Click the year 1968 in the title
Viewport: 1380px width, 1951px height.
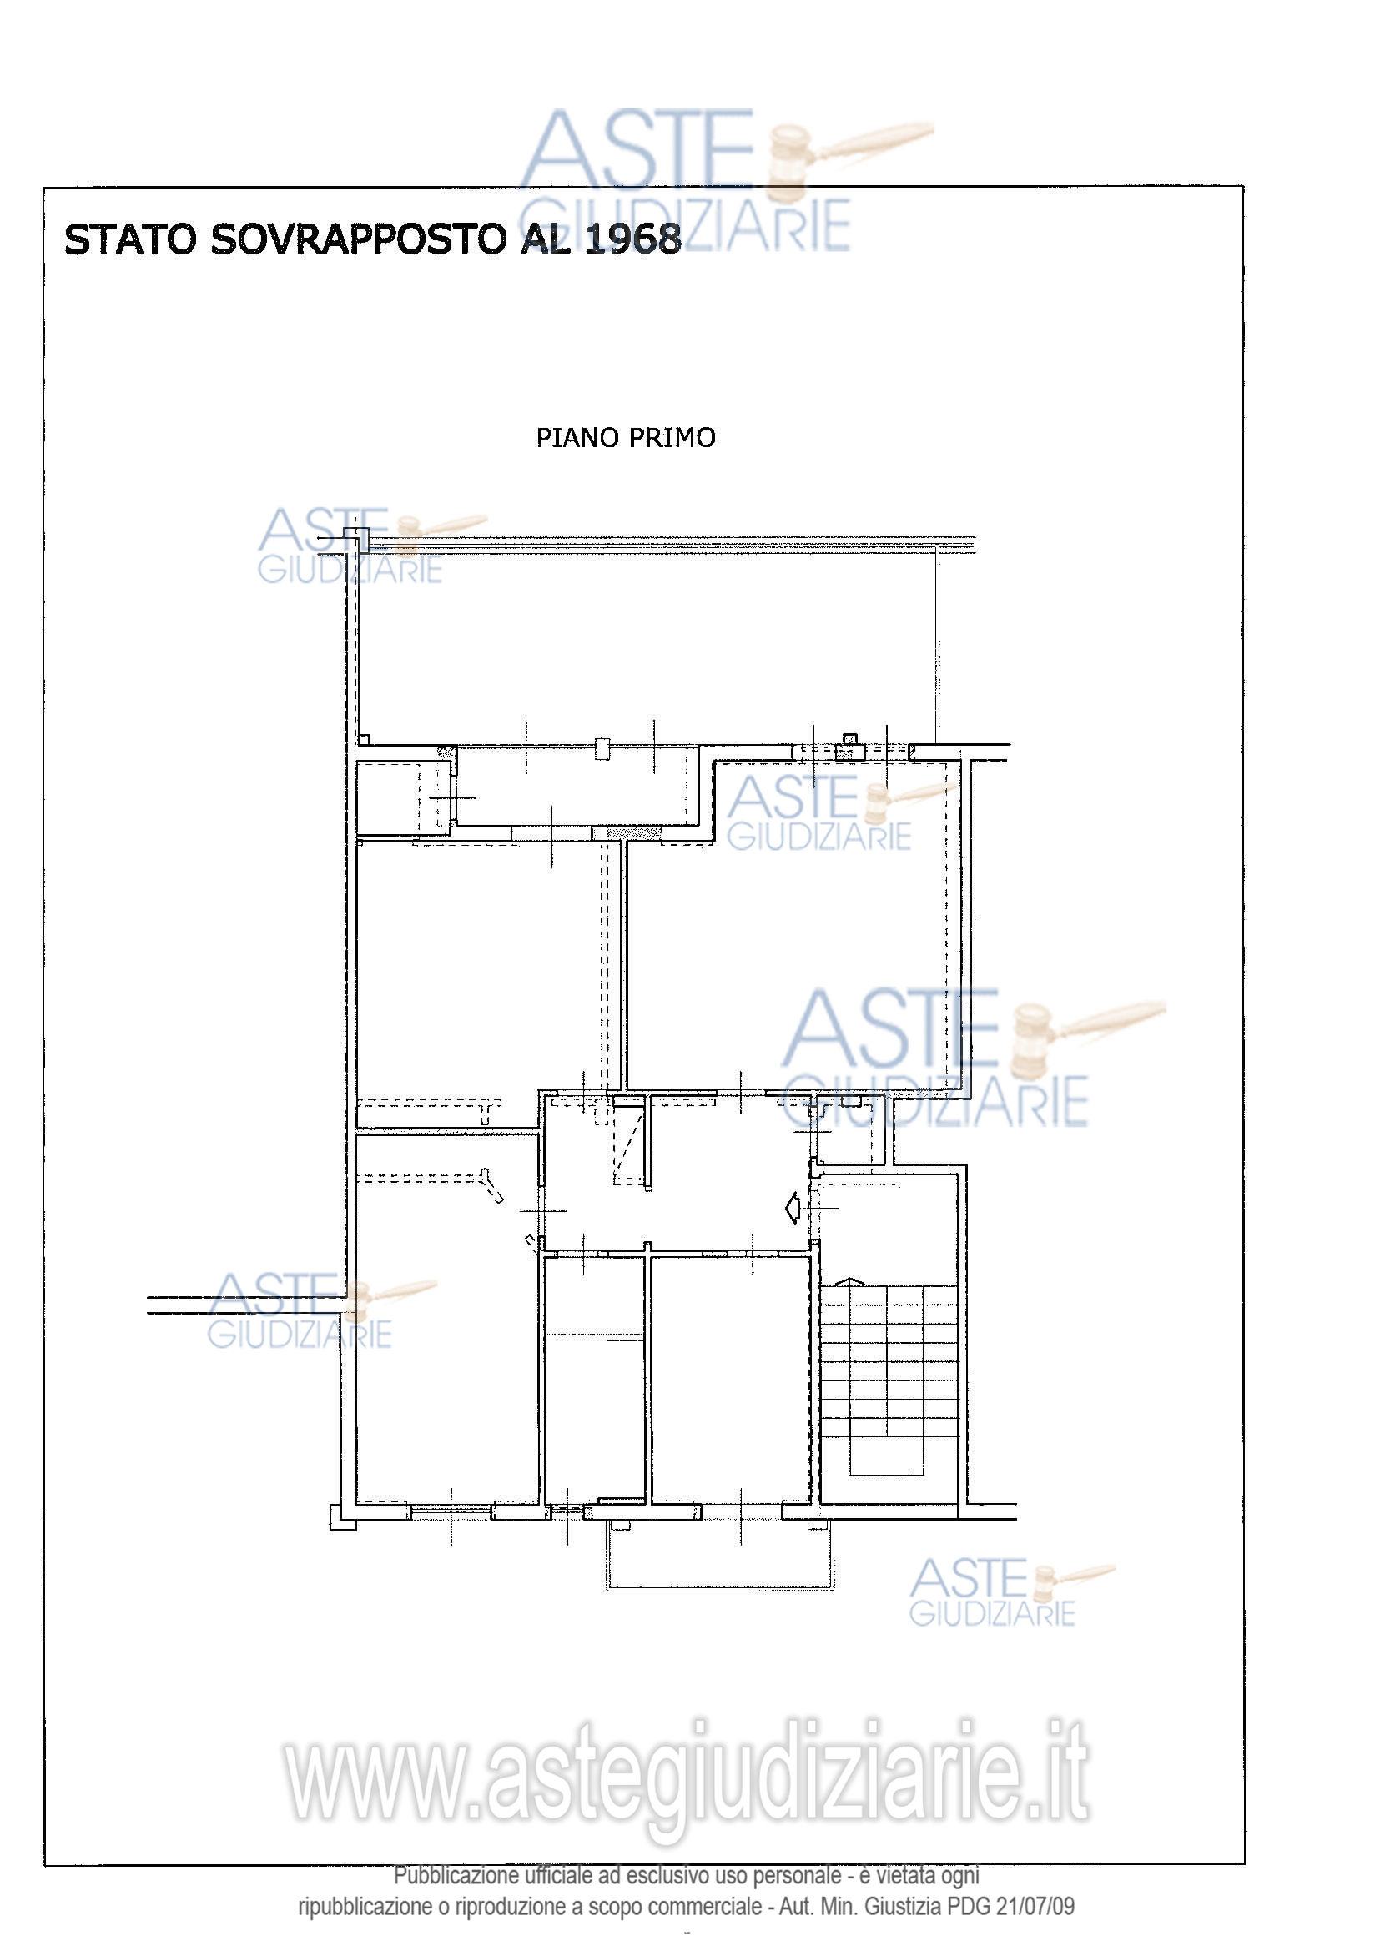tap(633, 239)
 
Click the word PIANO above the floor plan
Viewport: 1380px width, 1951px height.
tap(577, 438)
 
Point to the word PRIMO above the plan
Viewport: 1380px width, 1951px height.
tap(672, 438)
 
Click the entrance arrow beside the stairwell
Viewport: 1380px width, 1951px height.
tap(792, 1208)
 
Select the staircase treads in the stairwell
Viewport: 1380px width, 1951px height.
tap(889, 1379)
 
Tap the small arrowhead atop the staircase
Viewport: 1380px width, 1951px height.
tap(849, 1280)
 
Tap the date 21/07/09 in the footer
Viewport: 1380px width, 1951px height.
tap(1036, 1906)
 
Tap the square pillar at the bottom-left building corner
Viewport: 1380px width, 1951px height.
tap(342, 1517)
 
